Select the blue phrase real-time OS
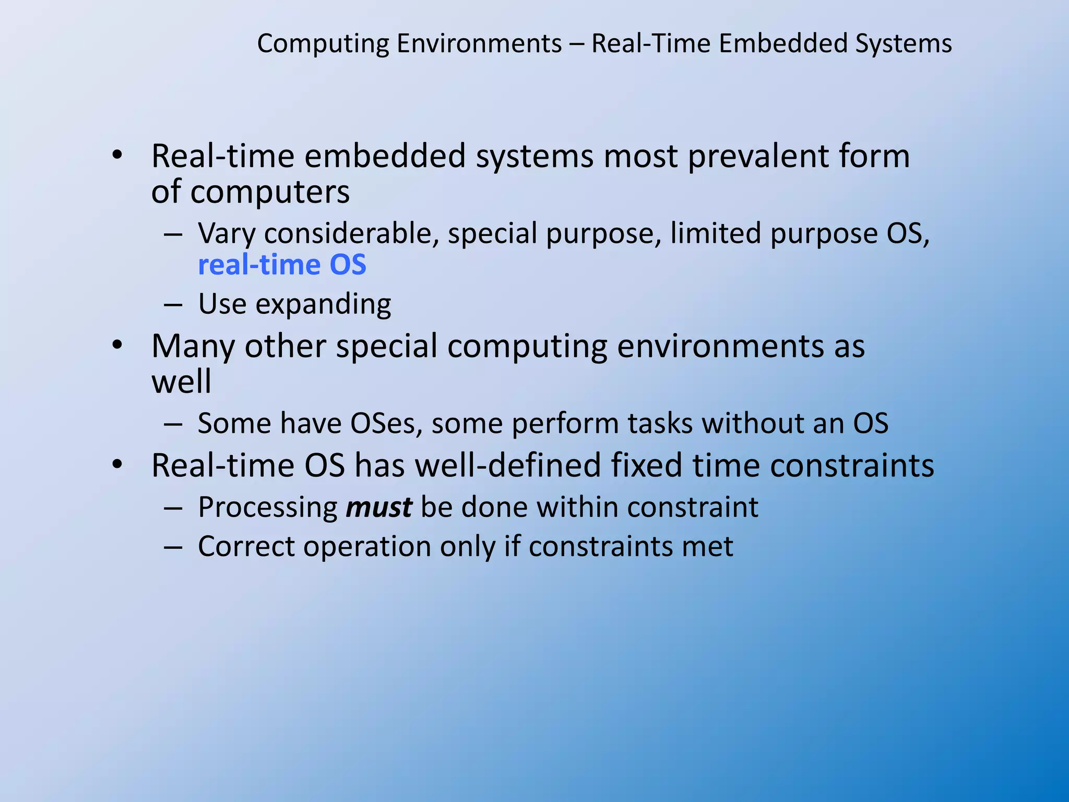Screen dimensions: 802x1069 click(282, 265)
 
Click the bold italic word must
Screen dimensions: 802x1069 click(379, 507)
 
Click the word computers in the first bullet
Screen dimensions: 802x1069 click(270, 192)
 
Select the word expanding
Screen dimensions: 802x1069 click(323, 304)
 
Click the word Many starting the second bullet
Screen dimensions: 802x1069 click(193, 346)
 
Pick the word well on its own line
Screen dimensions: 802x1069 click(181, 381)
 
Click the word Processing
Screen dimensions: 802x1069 click(268, 508)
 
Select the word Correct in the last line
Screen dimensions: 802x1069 click(246, 547)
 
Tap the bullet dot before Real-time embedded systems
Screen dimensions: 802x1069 click(117, 155)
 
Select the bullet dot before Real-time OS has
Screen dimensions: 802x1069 click(117, 464)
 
